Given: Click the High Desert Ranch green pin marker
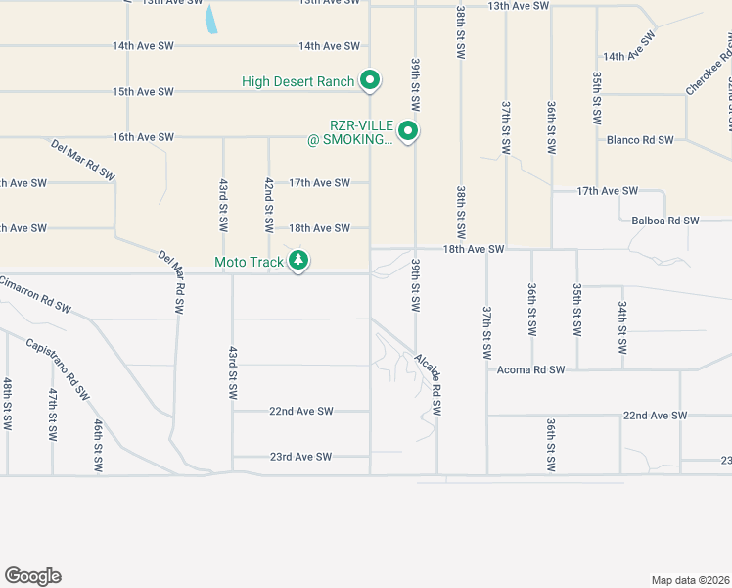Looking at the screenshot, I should [370, 80].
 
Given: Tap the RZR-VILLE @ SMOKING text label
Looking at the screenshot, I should [349, 133].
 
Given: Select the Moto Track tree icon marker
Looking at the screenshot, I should [299, 261].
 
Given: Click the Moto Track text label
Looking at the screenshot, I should [250, 262].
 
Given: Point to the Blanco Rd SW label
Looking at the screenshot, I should [640, 140].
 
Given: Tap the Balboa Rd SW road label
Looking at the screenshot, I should [665, 221].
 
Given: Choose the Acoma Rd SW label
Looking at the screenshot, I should [531, 370].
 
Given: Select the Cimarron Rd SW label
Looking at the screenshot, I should [35, 294].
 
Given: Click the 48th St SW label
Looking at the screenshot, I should [7, 405].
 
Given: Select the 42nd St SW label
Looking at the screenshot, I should [269, 204].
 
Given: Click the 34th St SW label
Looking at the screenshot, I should [622, 327].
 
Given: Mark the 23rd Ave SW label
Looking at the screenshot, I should [300, 457].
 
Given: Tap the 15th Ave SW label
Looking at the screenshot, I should [143, 92].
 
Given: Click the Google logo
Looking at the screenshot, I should [32, 576].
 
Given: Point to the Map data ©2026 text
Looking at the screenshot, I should [690, 580].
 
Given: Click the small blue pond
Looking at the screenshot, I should [210, 20].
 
